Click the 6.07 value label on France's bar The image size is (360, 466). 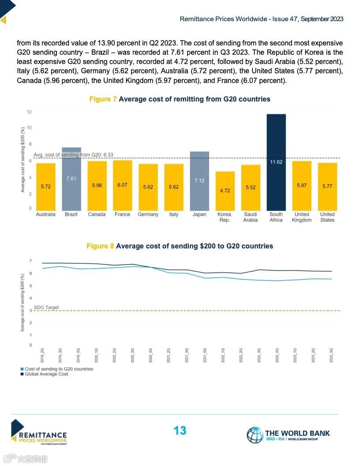pyautogui.click(x=122, y=185)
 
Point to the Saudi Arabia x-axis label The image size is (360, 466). pyautogui.click(x=251, y=217)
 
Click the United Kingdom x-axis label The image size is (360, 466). pyautogui.click(x=302, y=217)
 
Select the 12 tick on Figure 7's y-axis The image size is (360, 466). pyautogui.click(x=29, y=112)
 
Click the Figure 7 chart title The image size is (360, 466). pyautogui.click(x=180, y=99)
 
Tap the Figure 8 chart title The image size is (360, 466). pyautogui.click(x=180, y=246)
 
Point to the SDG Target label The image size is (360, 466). pyautogui.click(x=46, y=308)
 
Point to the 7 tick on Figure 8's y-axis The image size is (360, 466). pyautogui.click(x=30, y=261)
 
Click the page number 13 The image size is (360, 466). pyautogui.click(x=180, y=431)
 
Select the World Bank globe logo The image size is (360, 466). pyautogui.click(x=255, y=435)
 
